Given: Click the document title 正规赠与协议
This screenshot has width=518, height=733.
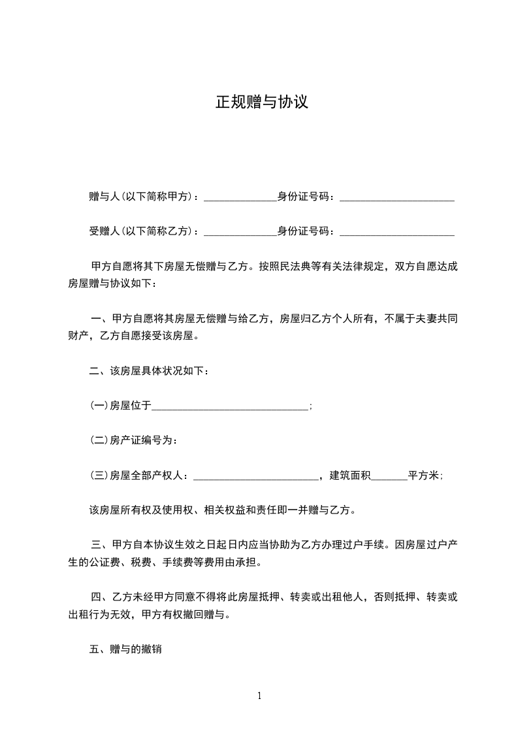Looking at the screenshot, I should [x=261, y=103].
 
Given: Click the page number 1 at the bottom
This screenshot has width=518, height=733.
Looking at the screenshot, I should [x=259, y=696].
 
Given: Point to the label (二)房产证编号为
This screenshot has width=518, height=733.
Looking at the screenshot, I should [x=134, y=440].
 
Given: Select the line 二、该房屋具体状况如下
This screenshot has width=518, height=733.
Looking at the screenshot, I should [x=149, y=371].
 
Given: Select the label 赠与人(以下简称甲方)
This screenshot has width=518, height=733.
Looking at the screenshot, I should [x=144, y=196].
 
